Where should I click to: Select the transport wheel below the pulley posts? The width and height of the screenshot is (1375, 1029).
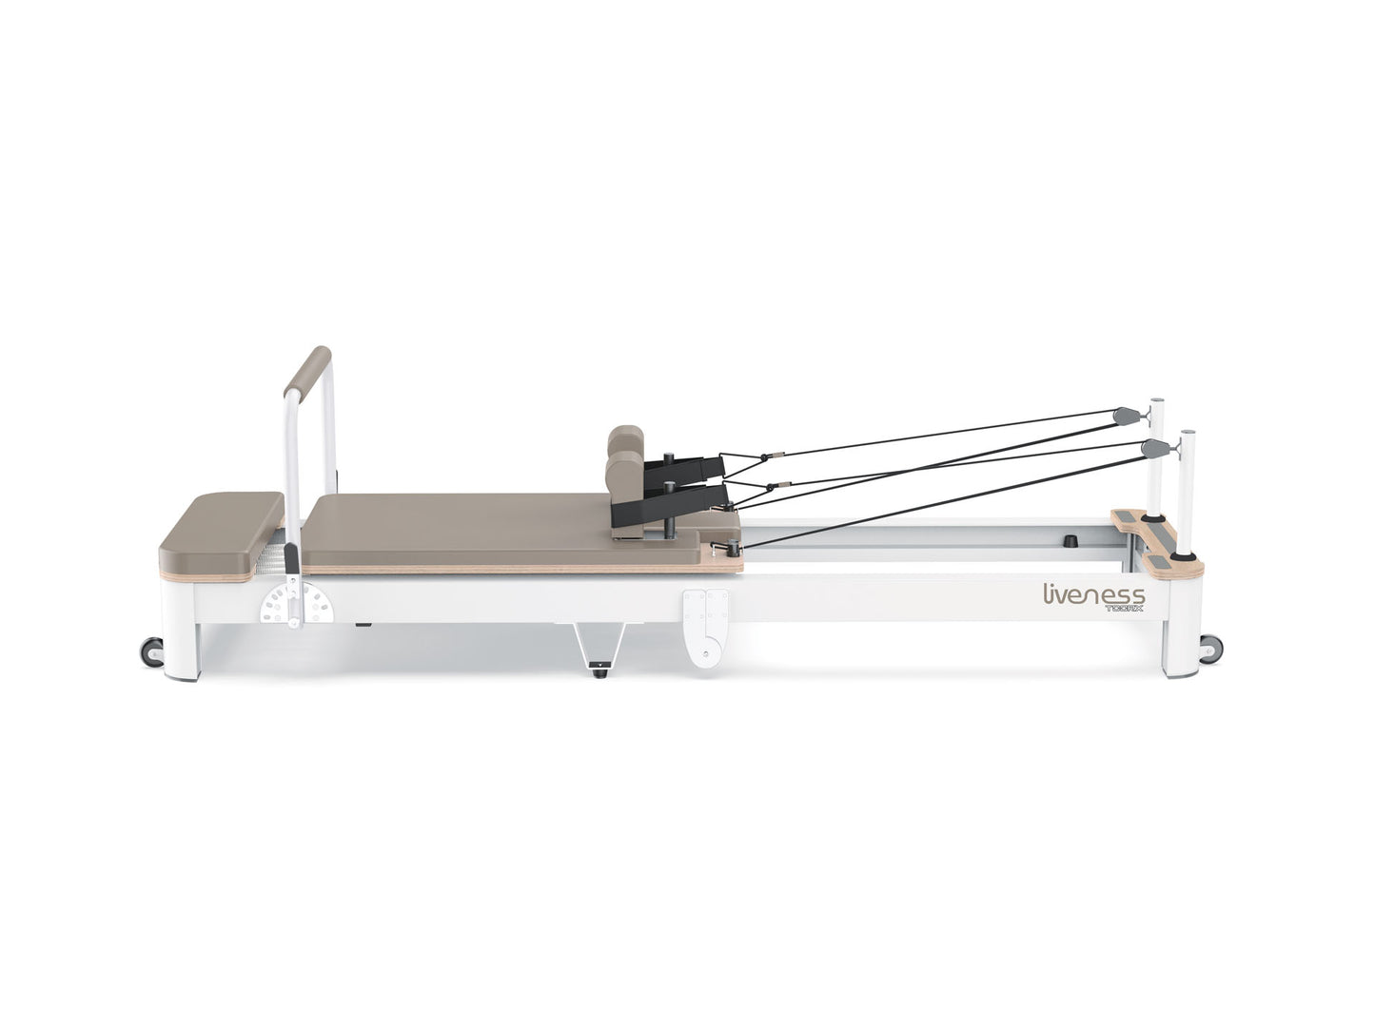(x=1209, y=650)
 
